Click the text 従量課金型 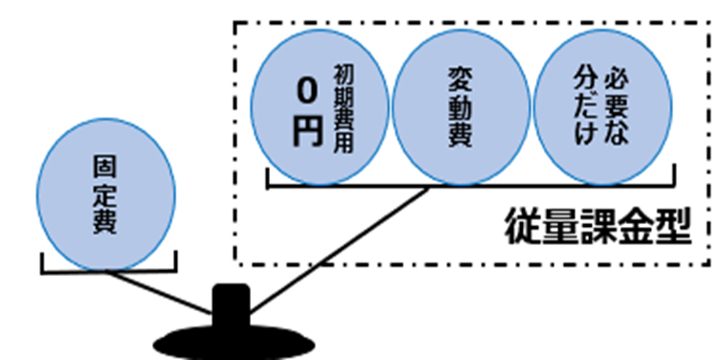(x=598, y=228)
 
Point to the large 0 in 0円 (x=305, y=93)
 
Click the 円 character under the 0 (x=305, y=132)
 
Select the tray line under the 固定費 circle (x=107, y=272)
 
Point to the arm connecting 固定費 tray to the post (x=163, y=292)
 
